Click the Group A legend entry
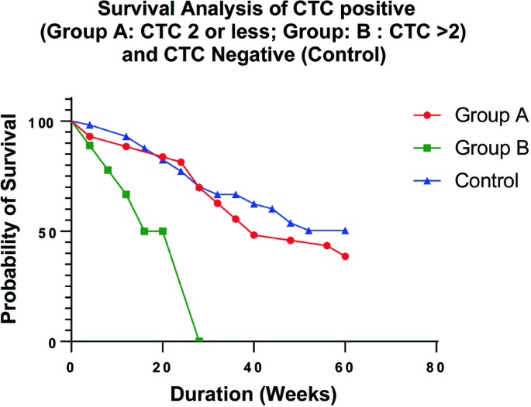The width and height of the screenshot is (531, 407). coord(471,115)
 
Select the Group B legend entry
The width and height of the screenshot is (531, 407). coord(471,148)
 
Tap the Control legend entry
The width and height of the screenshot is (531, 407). coord(466,180)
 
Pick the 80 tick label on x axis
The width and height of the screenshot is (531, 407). coord(436,368)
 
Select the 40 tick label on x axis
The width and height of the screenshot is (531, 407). coord(253,368)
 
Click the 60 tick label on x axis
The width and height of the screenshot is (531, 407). coord(345,368)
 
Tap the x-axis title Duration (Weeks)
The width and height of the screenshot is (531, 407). coord(253,394)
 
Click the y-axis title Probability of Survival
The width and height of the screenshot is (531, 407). coord(9,219)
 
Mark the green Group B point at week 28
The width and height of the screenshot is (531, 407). coord(199,340)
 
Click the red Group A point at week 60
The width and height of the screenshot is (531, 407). coord(345,256)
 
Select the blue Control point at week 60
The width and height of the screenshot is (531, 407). coord(345,231)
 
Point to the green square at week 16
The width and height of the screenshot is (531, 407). coord(144,231)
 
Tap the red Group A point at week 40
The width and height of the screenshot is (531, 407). coord(254,235)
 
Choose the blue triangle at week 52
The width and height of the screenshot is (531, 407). coord(309,231)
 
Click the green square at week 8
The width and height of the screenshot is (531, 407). coord(108,169)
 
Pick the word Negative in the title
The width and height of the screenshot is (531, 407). coord(253,55)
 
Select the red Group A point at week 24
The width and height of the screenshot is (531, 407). coord(181,162)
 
